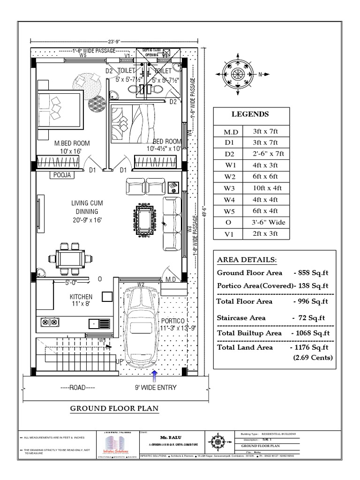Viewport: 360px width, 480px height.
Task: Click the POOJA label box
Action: pos(61,175)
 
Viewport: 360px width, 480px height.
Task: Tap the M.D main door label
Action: pos(170,279)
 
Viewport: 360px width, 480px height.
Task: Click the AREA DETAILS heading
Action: pos(247,260)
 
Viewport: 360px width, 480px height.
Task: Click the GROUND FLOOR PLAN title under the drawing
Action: pos(114,409)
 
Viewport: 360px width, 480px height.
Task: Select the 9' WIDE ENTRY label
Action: pos(156,388)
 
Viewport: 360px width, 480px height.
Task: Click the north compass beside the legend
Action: pos(238,74)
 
